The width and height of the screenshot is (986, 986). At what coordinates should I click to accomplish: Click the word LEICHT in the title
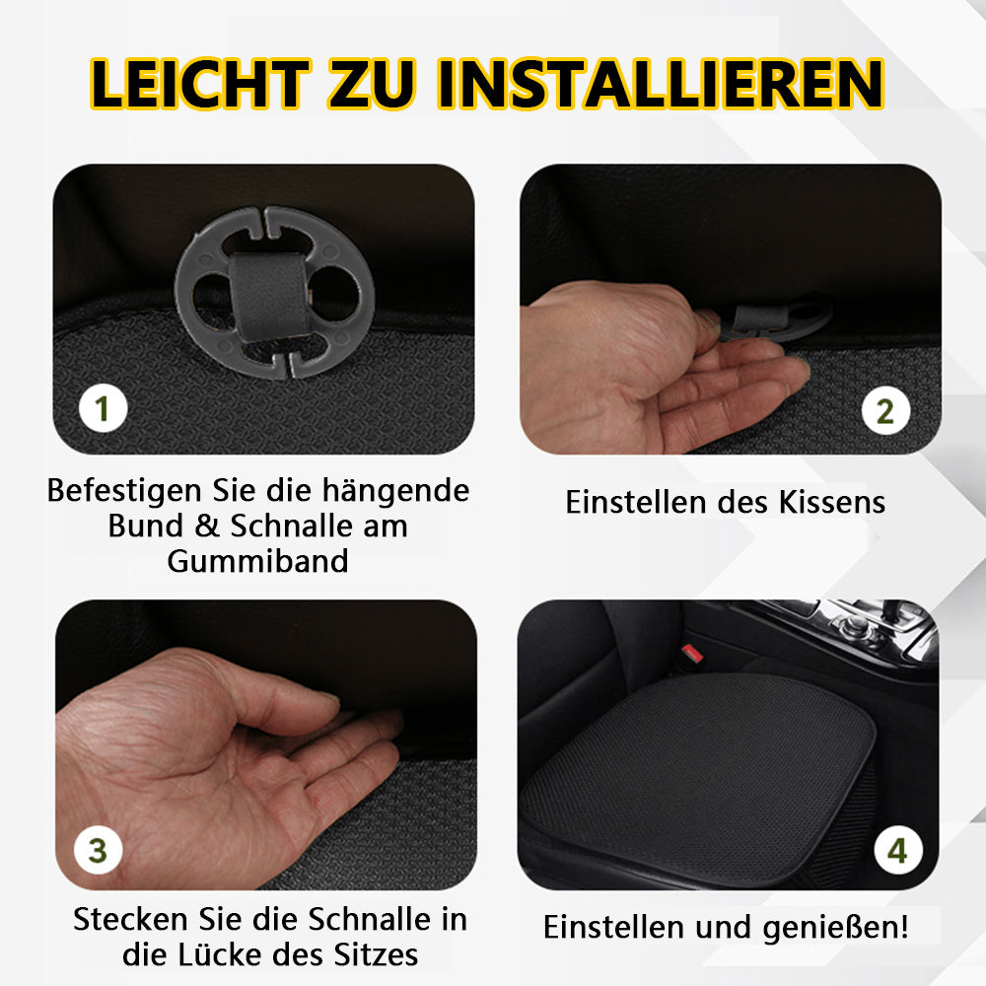(x=200, y=84)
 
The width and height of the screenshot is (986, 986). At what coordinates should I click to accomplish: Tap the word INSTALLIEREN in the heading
(x=661, y=84)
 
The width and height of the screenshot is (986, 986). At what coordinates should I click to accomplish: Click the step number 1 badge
(x=104, y=409)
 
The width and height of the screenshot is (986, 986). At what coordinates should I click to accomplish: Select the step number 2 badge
(x=885, y=410)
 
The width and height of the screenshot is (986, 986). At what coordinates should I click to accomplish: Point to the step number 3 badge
(x=98, y=850)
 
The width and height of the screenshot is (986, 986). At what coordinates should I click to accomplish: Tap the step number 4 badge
(x=898, y=850)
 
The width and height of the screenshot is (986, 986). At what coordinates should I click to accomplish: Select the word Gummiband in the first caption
(x=257, y=561)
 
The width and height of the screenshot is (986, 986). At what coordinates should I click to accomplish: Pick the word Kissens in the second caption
(x=832, y=503)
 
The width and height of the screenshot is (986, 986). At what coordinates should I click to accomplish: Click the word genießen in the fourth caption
(x=831, y=928)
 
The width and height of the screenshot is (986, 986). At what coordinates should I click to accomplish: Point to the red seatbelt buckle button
(x=692, y=654)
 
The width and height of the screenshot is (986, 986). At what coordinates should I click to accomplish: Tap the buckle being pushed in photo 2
(x=777, y=318)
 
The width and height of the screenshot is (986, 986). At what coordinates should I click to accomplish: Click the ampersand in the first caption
(x=206, y=526)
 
